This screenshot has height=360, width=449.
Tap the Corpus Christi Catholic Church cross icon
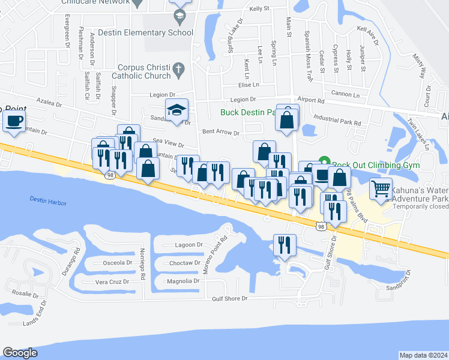point(178,71)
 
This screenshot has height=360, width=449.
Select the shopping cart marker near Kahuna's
point(381,190)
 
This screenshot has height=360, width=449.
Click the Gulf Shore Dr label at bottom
point(228,299)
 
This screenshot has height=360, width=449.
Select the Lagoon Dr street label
point(188,245)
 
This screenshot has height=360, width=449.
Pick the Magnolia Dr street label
point(183,280)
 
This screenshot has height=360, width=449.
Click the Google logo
point(20,353)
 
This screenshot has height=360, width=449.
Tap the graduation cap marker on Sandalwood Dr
point(177,110)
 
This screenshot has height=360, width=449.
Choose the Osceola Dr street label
point(117,262)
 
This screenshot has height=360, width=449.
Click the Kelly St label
point(260,9)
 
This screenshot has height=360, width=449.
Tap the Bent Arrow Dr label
point(221,133)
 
